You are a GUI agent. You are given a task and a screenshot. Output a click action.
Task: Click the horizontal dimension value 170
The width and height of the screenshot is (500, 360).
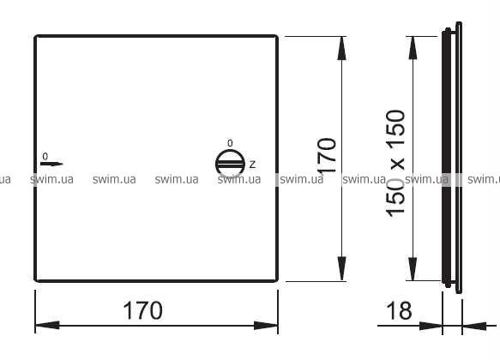tap(142, 310)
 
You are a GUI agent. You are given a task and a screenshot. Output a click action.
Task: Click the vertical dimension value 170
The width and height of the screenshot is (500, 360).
tap(327, 155)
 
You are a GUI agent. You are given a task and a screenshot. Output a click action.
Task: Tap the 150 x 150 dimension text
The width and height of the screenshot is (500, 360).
tap(395, 164)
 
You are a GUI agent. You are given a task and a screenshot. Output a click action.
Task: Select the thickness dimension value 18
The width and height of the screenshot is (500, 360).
tap(399, 310)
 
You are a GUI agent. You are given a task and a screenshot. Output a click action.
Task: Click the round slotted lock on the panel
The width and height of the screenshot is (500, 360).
tap(230, 164)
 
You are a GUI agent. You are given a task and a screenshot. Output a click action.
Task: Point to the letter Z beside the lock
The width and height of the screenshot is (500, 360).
tap(252, 165)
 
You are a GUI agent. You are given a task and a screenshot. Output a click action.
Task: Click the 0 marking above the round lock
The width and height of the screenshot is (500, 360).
tap(230, 143)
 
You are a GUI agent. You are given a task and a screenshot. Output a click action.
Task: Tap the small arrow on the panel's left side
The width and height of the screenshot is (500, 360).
tap(51, 164)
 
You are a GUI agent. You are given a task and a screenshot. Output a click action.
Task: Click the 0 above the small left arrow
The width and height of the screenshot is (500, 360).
tap(45, 156)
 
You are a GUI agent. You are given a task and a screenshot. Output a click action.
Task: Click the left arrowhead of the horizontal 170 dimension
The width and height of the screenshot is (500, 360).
tap(47, 326)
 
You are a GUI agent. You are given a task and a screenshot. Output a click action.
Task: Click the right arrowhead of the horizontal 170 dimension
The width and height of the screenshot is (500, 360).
tap(266, 326)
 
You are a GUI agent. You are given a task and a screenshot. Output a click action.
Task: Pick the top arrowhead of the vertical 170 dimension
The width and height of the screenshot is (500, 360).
tap(342, 48)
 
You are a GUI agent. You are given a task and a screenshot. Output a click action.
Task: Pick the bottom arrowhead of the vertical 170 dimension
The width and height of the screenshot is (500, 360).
tap(342, 269)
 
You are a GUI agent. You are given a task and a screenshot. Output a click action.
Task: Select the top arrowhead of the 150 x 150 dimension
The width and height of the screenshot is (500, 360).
tap(413, 48)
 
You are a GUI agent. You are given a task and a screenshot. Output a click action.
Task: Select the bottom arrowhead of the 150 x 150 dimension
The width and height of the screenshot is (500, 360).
tap(413, 269)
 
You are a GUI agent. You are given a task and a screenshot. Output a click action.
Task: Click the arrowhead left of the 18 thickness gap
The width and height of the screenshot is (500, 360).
tap(431, 326)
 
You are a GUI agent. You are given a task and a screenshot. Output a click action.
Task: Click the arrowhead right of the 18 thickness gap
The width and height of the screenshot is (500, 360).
tap(474, 326)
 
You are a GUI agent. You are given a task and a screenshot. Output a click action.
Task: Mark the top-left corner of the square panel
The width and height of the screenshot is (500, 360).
tap(35, 36)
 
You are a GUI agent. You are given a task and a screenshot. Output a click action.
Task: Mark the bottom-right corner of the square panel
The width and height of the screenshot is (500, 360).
tap(277, 281)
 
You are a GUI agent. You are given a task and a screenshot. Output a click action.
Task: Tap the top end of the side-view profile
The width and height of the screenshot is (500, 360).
tap(459, 22)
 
